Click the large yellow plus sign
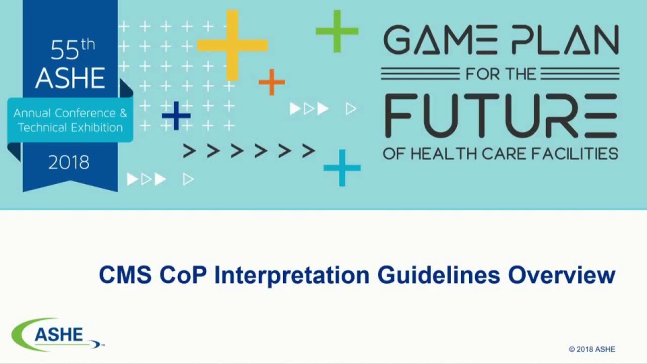click(x=232, y=45)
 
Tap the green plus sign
click(x=337, y=30)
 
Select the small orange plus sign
click(x=272, y=82)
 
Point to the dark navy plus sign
click(x=176, y=116)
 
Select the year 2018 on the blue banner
click(x=69, y=162)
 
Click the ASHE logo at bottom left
click(x=57, y=335)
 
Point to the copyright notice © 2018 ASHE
click(x=592, y=349)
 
